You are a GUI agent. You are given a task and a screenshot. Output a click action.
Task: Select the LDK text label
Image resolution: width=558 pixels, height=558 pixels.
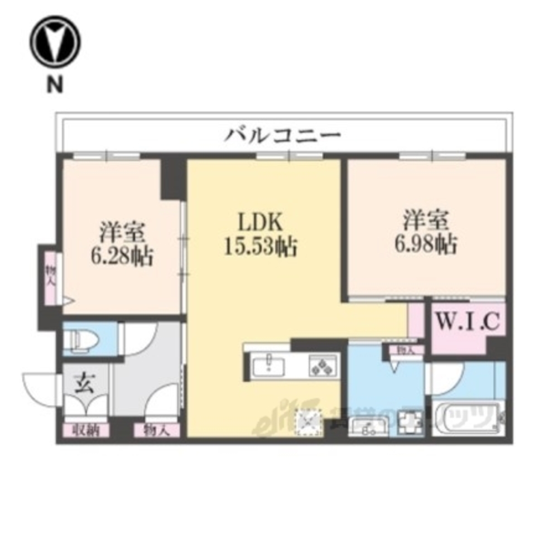(261, 223)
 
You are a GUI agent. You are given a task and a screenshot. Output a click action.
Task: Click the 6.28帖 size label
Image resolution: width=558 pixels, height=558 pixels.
(122, 255)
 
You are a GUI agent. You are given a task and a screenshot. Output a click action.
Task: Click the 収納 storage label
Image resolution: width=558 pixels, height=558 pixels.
(85, 430)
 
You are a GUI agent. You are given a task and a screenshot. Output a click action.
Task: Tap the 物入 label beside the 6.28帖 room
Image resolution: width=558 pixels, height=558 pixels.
(50, 277)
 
